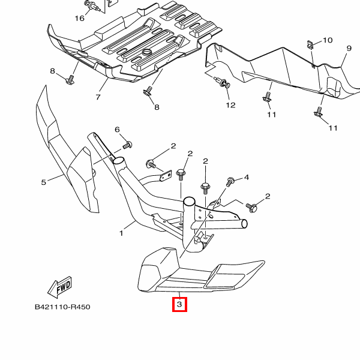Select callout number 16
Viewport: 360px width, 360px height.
pos(80,18)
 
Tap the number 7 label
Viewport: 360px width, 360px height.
pos(97,97)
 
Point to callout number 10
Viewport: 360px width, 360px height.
pos(327,40)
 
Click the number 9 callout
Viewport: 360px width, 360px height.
pos(348,48)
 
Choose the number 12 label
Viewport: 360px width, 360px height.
pos(231,106)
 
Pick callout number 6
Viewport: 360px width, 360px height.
pos(117,130)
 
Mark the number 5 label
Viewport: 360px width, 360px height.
pos(43,182)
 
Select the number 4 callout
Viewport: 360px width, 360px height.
pos(246,177)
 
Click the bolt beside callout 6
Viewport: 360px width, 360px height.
pos(127,145)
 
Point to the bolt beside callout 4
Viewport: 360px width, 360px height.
pos(230,182)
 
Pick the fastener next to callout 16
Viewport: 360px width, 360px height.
pos(91,7)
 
